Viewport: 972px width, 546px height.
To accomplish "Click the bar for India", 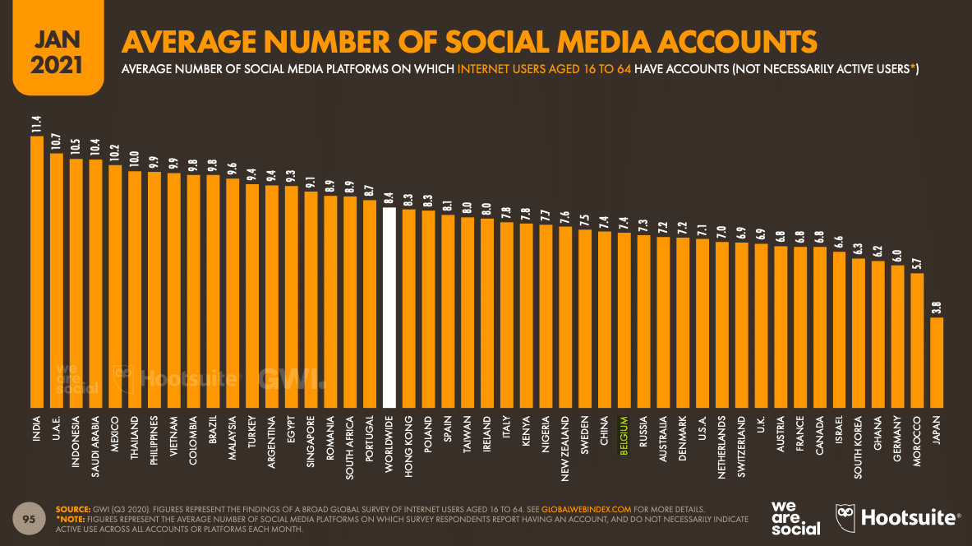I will pyautogui.click(x=37, y=271).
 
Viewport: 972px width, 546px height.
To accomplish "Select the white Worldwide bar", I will pyautogui.click(x=389, y=308).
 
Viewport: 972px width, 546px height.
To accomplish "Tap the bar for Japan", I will pyautogui.click(x=937, y=362).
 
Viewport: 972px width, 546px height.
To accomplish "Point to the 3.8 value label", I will pyautogui.click(x=937, y=308).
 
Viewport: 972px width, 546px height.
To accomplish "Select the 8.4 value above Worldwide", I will pyautogui.click(x=389, y=197).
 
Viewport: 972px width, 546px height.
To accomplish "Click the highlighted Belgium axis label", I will pyautogui.click(x=624, y=436).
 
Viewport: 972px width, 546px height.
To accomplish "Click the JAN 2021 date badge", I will pyautogui.click(x=57, y=49).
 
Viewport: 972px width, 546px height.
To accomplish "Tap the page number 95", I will pyautogui.click(x=28, y=519).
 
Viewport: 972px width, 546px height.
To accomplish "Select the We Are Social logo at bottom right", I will pyautogui.click(x=795, y=517).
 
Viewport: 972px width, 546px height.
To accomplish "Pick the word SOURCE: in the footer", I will pyautogui.click(x=72, y=510).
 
